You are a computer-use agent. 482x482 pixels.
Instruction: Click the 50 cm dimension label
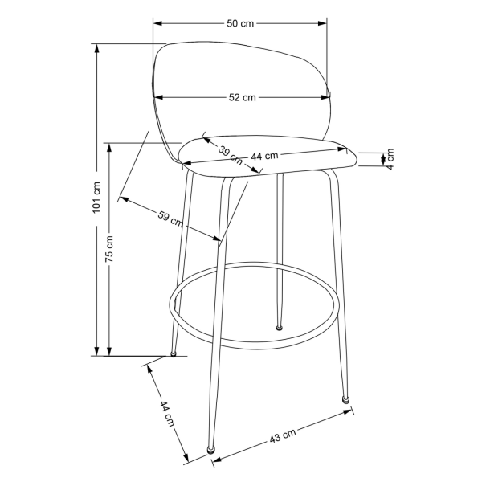[240, 23]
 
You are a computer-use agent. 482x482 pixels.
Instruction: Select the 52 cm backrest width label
[243, 97]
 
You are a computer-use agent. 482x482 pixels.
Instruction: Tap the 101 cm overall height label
[96, 198]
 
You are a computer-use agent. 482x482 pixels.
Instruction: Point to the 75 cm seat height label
[109, 249]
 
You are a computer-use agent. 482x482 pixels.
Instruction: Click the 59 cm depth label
[170, 219]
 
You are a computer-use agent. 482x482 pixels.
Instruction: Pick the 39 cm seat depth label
[231, 155]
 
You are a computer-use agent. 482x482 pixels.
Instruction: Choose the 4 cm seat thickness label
[390, 159]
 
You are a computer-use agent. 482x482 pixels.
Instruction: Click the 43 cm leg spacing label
[283, 435]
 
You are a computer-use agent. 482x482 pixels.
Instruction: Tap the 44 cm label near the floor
[167, 414]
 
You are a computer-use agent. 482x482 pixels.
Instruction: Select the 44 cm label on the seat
[264, 156]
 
